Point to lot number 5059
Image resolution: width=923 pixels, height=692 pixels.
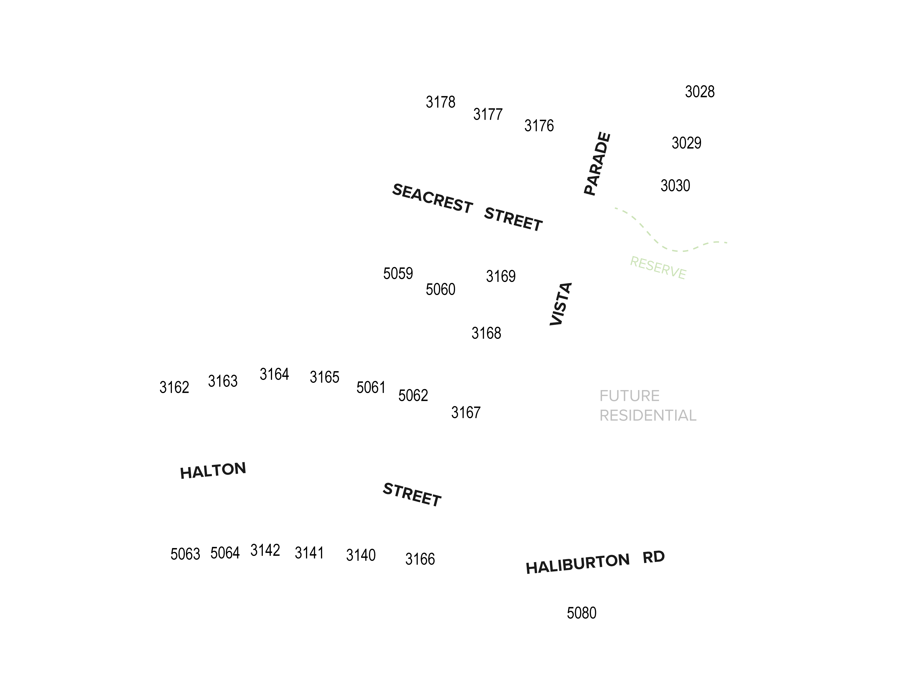click(x=398, y=274)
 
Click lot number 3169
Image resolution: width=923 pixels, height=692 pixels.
click(x=501, y=276)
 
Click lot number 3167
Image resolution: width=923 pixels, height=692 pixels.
click(x=466, y=412)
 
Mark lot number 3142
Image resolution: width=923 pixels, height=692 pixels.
click(x=265, y=550)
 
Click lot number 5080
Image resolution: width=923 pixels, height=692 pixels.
click(x=581, y=613)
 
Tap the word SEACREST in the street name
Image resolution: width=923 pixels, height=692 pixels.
click(x=432, y=199)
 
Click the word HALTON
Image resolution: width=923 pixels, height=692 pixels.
click(x=213, y=471)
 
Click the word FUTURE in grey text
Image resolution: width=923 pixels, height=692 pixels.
click(x=629, y=395)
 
